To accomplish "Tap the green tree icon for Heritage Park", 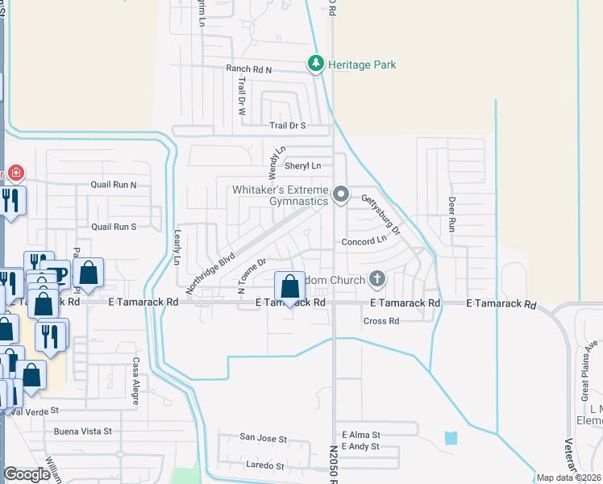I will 316,63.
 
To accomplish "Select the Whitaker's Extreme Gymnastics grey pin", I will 341,194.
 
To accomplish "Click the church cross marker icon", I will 376,280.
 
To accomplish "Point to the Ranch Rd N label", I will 250,69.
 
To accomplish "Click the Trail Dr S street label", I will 288,126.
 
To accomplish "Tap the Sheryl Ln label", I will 304,166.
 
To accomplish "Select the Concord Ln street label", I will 364,241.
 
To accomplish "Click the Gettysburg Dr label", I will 381,214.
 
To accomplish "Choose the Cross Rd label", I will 381,321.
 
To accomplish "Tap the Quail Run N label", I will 114,185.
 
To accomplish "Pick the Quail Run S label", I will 114,227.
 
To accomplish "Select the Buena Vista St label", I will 83,432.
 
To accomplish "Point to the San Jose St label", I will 263,439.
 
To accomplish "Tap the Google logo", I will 27,474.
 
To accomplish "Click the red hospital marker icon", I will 15,173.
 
